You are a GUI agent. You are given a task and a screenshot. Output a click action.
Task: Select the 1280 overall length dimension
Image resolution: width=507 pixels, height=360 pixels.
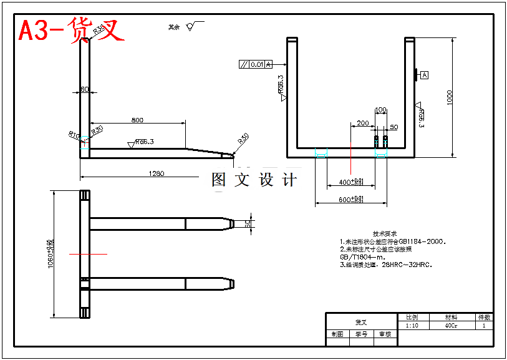157,173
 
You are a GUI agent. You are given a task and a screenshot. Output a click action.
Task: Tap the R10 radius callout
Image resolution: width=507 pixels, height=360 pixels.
74,134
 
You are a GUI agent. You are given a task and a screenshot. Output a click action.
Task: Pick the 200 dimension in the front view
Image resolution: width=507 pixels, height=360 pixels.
362,124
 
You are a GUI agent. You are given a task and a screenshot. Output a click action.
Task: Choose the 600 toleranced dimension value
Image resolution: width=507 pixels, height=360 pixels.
351,200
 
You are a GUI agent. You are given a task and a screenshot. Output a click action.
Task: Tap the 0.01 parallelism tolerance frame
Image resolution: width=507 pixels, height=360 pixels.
256,64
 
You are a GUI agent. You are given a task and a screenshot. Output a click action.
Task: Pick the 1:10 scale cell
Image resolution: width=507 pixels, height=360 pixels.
412,325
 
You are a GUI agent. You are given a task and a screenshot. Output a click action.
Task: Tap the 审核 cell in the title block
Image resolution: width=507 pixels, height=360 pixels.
385,334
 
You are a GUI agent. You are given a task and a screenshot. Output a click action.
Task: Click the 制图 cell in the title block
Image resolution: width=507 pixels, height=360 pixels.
337,334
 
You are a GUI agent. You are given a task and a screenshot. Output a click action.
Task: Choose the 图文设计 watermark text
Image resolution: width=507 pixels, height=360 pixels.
254,180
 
